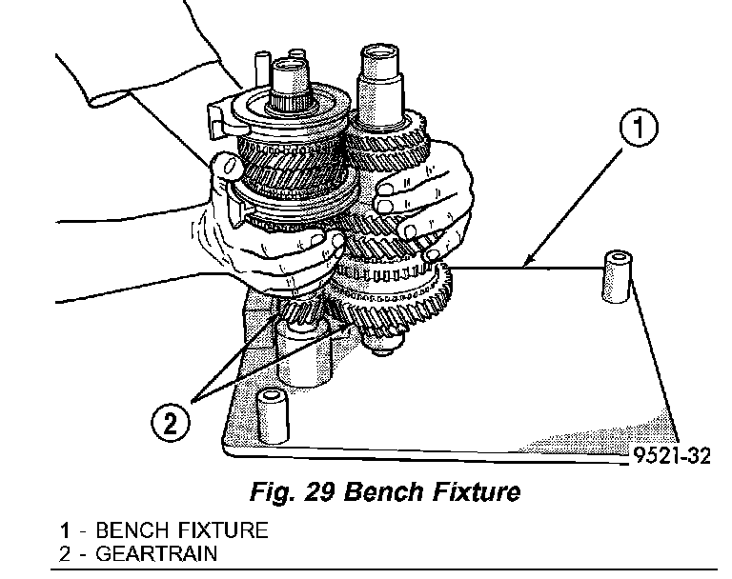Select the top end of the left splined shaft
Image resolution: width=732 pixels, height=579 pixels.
pyautogui.click(x=288, y=67)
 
